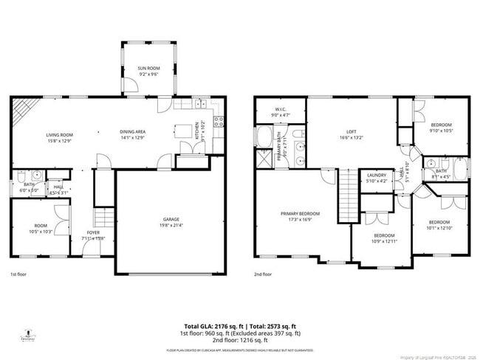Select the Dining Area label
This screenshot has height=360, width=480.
tap(133, 134)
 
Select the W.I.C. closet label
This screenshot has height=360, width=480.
tap(281, 112)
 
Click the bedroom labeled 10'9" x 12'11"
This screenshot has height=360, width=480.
tap(383, 238)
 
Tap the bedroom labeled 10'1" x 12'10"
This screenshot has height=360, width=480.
tap(439, 224)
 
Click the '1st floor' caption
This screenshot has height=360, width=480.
tap(19, 274)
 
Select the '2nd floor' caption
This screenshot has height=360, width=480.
tap(263, 274)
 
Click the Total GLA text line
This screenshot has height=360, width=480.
tap(240, 325)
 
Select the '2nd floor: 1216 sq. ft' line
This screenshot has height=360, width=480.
tap(240, 339)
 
